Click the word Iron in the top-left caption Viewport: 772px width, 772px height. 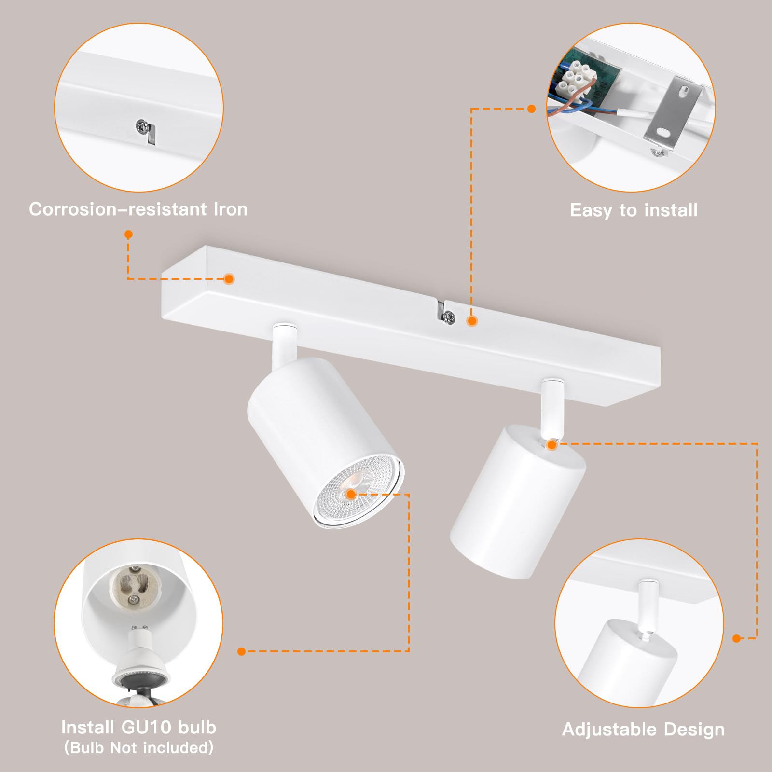pos(230,209)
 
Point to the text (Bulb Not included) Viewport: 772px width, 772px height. pos(138,747)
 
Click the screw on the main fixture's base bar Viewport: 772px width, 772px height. pos(449,317)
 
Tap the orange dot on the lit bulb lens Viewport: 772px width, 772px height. pos(351,494)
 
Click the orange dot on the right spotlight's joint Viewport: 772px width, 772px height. pos(552,444)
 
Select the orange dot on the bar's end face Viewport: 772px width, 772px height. pos(229,279)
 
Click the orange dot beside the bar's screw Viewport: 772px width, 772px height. pos(472,321)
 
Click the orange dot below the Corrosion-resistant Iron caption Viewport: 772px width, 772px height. pos(128,234)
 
